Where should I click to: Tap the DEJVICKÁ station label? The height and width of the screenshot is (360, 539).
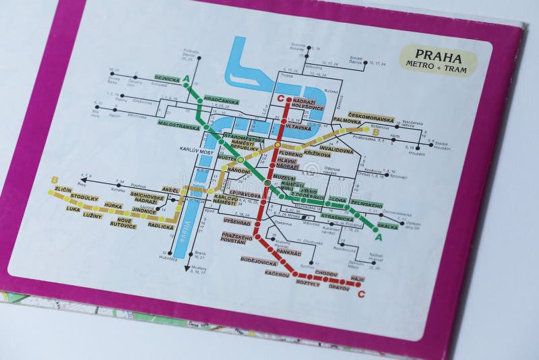(166, 79)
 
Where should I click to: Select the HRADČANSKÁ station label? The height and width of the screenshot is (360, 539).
(221, 101)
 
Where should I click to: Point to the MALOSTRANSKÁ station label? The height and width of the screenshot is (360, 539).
(179, 125)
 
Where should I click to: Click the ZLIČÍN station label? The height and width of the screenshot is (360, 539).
(63, 191)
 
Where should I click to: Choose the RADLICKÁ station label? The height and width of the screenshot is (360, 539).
(160, 227)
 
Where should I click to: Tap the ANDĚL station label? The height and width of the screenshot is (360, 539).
(170, 190)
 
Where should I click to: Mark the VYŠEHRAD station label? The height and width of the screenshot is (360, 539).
(236, 221)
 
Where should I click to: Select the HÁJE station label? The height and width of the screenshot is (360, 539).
(358, 278)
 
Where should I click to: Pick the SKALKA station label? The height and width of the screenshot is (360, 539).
(387, 226)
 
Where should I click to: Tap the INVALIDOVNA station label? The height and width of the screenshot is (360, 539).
(336, 150)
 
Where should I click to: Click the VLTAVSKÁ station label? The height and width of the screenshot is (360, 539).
(298, 127)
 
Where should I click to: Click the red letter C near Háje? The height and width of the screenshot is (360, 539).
(362, 294)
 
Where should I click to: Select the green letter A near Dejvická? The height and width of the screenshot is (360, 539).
(186, 80)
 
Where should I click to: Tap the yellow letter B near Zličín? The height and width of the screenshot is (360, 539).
(55, 179)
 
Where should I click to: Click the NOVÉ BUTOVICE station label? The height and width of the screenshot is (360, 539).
(125, 223)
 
